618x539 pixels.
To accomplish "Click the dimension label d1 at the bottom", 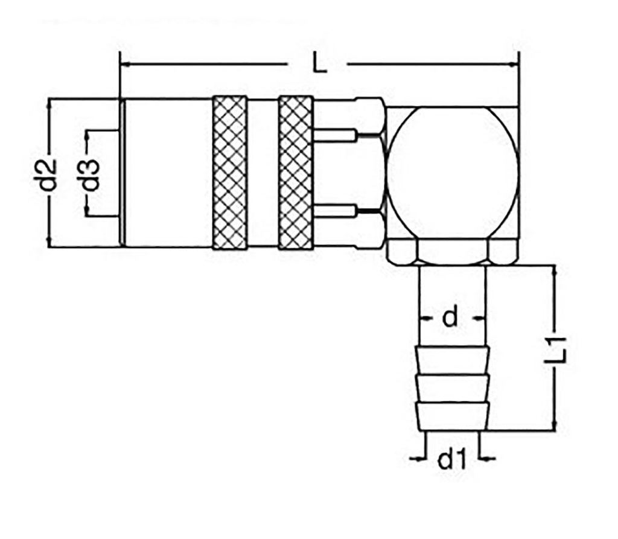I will pos(452,461).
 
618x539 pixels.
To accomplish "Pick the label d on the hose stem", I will pos(451,317).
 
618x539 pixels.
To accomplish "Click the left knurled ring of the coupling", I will pos(229,173).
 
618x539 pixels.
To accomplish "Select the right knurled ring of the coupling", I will pos(296,173).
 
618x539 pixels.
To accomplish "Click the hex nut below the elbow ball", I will pos(451,252).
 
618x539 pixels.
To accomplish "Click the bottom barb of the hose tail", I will pos(451,416).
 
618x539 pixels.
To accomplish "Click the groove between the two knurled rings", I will pos(263,173).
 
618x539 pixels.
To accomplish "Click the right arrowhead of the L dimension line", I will pos(514,64).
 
